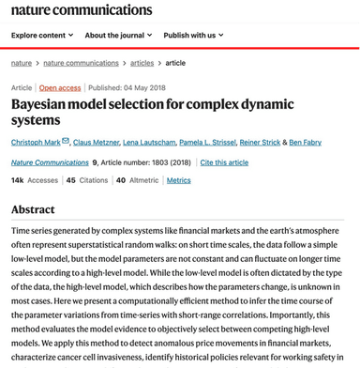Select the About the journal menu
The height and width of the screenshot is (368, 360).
click(x=116, y=36)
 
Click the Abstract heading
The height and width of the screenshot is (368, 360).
click(x=33, y=210)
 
